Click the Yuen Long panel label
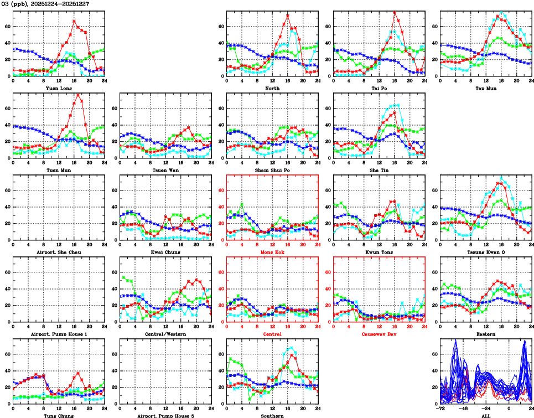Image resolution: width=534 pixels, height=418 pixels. pyautogui.click(x=58, y=87)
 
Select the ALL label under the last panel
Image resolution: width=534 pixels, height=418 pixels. pyautogui.click(x=485, y=415)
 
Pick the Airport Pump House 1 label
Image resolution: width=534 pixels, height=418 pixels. pyautogui.click(x=58, y=334)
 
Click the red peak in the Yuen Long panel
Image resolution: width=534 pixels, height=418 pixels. pyautogui.click(x=74, y=21)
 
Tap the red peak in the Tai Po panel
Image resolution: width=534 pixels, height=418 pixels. pyautogui.click(x=394, y=12)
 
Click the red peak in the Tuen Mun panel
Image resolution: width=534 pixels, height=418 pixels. pyautogui.click(x=78, y=94)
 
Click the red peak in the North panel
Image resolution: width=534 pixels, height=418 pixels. pyautogui.click(x=287, y=15)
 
